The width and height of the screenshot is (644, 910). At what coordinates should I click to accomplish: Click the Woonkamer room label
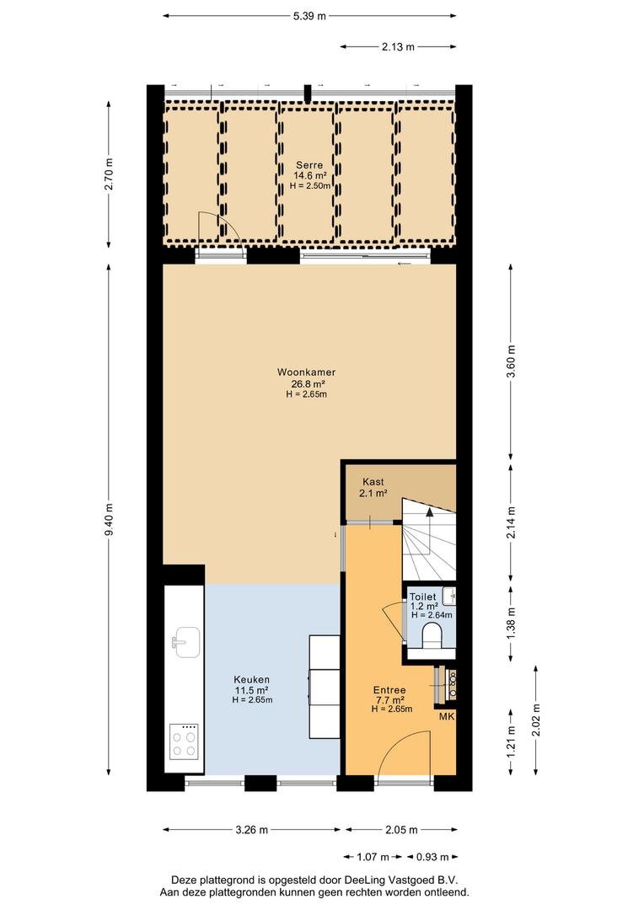306,372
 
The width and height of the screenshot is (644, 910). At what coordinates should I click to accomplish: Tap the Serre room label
309,165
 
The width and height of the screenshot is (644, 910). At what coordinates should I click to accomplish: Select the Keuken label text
251,680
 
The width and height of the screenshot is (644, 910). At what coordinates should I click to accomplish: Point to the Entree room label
389,690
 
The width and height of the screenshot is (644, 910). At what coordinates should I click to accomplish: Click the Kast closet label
373,482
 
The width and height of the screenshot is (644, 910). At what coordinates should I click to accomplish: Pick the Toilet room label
423,597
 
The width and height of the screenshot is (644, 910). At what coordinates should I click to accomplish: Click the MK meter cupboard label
447,717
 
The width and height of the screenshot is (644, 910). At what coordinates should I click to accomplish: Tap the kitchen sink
188,642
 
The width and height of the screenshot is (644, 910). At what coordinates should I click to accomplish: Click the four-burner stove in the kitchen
184,742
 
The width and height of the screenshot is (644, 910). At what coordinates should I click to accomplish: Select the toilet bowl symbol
432,634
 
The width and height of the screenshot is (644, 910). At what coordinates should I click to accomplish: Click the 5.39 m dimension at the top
309,16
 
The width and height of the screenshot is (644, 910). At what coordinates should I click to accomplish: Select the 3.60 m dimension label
511,361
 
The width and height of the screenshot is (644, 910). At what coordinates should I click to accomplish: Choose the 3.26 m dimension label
251,830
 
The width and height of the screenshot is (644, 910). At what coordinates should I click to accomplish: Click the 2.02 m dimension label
536,720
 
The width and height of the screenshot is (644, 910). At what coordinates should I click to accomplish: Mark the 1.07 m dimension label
373,857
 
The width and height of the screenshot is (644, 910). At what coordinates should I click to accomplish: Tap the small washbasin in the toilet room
449,596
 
